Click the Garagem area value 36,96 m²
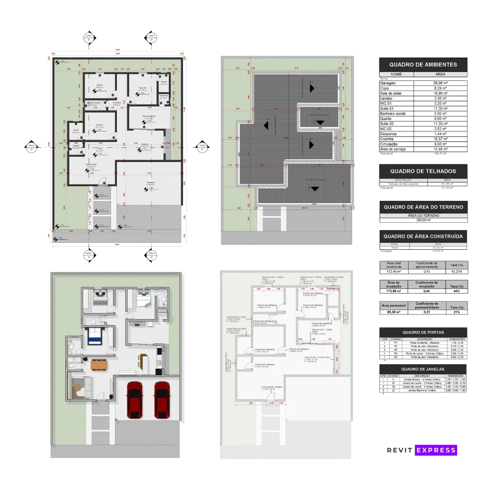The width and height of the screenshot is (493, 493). pos(440,83)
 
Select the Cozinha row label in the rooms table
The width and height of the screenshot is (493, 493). pos(388,139)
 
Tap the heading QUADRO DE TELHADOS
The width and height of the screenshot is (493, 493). pos(423,171)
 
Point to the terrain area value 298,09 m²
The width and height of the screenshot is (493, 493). pos(423,220)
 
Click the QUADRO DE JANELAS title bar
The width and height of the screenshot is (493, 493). pos(423,369)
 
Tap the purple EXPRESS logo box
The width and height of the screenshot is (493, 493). pos(436,450)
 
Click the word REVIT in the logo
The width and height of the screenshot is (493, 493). pos(399,450)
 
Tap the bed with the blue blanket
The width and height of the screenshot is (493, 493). pos(94,336)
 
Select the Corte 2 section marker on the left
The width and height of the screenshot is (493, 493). pos(31,147)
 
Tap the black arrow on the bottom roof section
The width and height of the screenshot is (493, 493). pos(314,188)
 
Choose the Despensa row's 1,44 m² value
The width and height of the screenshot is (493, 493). pos(440,134)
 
